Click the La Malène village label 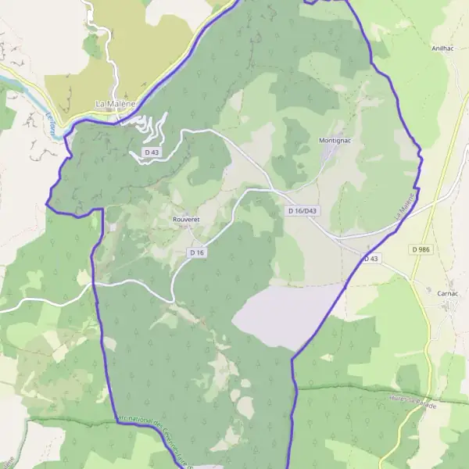tap(115, 103)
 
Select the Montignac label tap(337, 141)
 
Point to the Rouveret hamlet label tap(186, 220)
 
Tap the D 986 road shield tap(421, 249)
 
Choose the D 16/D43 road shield tap(303, 211)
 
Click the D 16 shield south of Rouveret tap(196, 252)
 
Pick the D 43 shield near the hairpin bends tap(152, 152)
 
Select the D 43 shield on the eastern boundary tap(371, 258)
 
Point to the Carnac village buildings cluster tap(452, 304)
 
